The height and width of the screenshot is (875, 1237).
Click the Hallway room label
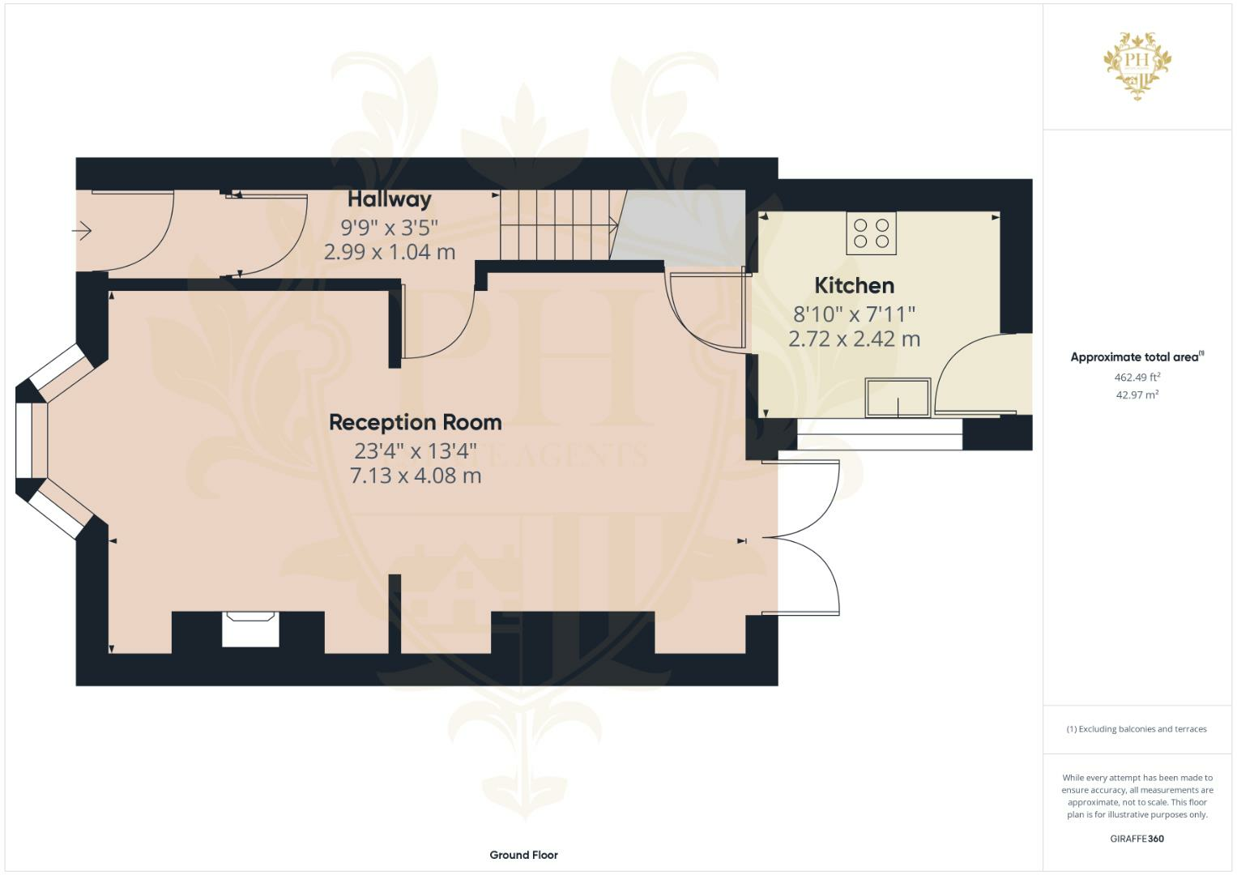coord(390,198)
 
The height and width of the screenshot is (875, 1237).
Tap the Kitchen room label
coord(854,285)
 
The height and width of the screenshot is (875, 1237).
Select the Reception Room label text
coord(415,422)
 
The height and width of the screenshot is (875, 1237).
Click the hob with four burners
coord(871,233)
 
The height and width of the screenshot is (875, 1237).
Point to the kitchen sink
coord(898,398)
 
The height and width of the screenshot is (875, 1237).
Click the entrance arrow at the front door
coord(82,232)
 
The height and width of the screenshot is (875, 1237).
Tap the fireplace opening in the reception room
coord(250,629)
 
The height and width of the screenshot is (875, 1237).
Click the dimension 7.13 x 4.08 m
coord(415,476)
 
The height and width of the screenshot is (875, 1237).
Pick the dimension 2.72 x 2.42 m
coord(854,339)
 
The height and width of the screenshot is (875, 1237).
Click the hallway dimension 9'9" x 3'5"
coord(390,226)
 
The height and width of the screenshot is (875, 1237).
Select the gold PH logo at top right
coord(1137,65)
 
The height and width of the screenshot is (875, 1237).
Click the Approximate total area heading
coord(1137,357)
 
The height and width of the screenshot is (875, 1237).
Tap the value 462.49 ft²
coord(1137,377)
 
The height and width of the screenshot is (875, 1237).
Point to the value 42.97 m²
coord(1137,395)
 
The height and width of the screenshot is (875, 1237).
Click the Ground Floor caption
coord(523,855)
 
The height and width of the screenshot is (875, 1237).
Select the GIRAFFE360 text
coord(1137,839)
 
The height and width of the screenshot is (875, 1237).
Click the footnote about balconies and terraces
coord(1137,729)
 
